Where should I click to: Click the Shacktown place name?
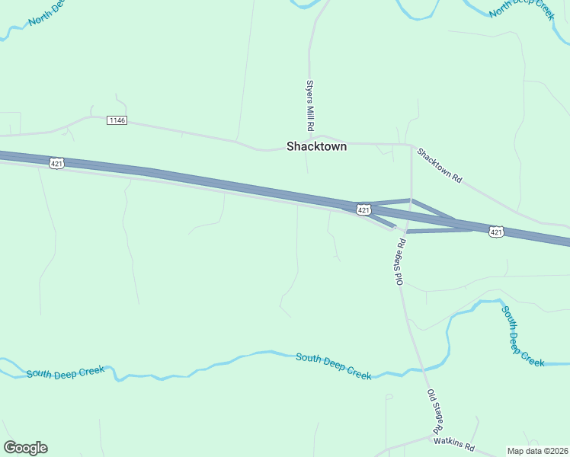coord(316,146)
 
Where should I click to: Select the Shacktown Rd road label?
coord(440,165)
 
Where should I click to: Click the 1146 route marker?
coord(117,120)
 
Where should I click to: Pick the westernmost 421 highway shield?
coord(57,163)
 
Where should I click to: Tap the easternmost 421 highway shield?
coord(496,232)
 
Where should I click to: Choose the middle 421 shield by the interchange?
coord(363,209)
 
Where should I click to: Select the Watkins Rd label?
coord(453,441)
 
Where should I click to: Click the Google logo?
coord(25,448)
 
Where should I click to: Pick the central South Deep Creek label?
coord(333,366)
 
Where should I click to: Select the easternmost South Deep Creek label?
coord(522,336)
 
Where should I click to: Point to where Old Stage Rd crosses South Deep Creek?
coord(424,369)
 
